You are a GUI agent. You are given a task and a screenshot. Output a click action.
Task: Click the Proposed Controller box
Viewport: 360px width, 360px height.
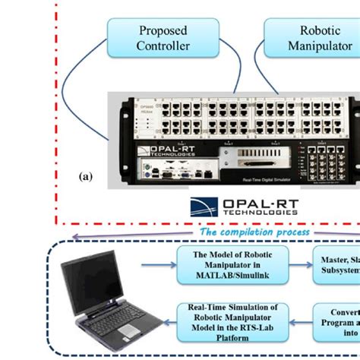pos(163,38)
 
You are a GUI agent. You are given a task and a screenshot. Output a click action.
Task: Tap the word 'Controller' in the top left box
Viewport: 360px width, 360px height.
pos(163,46)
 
